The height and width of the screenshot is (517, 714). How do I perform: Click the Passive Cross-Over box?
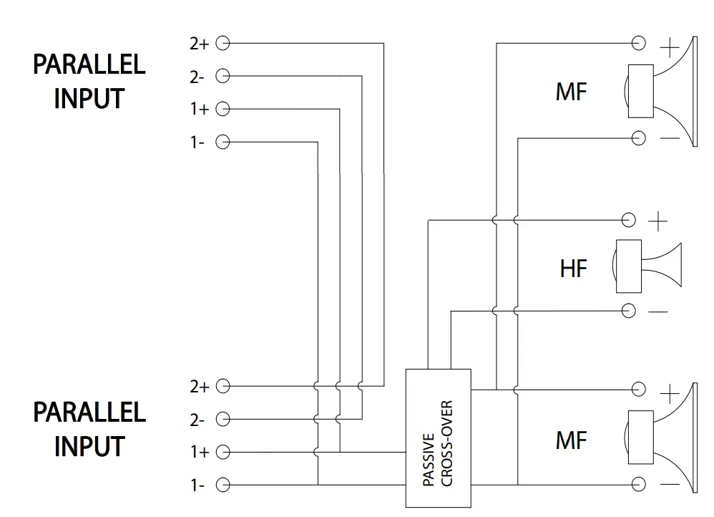[x=438, y=438]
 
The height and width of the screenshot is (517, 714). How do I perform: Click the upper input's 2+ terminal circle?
[x=222, y=44]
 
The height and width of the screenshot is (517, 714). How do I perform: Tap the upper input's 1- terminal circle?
[x=222, y=142]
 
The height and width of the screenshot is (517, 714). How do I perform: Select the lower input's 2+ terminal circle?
[x=222, y=386]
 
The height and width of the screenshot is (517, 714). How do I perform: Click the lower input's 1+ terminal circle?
[x=222, y=452]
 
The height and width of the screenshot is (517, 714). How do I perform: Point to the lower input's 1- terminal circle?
[x=222, y=485]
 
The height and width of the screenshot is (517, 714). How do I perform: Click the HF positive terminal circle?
[x=629, y=220]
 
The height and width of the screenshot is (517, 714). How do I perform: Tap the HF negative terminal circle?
[x=629, y=310]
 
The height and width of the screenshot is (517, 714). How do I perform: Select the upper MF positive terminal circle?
[x=639, y=44]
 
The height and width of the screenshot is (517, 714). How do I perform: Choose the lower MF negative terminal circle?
[x=639, y=485]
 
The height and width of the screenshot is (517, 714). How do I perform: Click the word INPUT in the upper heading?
[x=89, y=98]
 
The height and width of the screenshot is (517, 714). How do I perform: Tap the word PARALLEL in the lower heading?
[x=89, y=412]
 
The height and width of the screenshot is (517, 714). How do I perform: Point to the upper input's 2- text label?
[x=197, y=77]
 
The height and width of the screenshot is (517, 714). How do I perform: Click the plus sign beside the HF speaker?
[x=657, y=221]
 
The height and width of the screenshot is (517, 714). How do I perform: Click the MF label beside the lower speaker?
[x=570, y=440]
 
